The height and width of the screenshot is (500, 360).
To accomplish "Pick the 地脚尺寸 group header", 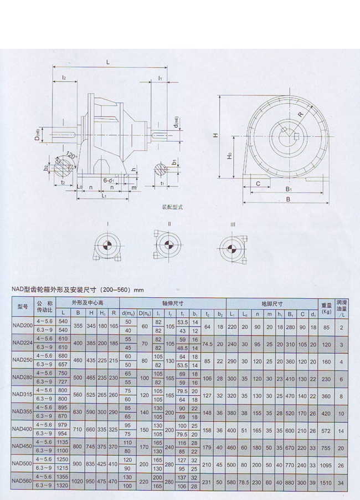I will pyautogui.click(x=271, y=304).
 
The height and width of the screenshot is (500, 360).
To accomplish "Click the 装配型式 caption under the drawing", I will pyautogui.click(x=172, y=207).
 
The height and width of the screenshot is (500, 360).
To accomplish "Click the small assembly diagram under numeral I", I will pyautogui.click(x=105, y=248).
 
